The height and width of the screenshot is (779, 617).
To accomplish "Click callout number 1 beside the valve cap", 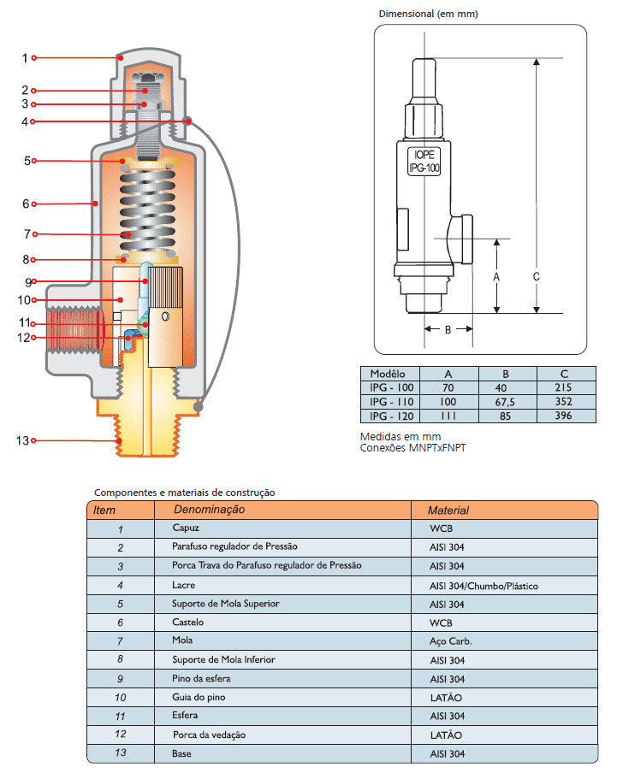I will (x=25, y=58).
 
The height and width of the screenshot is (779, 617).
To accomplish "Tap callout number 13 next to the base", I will (x=22, y=440).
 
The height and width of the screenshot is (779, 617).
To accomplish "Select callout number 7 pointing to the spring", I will (x=27, y=233).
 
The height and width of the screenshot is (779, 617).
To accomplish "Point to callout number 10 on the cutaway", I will (x=23, y=300).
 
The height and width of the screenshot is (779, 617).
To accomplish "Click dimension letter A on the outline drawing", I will (x=497, y=277).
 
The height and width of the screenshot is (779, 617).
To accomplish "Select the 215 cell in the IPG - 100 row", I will (x=564, y=387).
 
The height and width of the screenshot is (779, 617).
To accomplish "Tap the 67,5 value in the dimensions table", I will (x=506, y=402).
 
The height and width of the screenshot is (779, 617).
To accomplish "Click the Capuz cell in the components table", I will (x=186, y=528).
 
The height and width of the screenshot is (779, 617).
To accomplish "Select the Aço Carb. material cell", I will (x=450, y=640).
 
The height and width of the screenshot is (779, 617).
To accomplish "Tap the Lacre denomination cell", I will (x=183, y=585).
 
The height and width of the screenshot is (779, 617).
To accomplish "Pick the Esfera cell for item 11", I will (x=186, y=716).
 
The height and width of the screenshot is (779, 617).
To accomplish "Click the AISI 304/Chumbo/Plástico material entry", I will (x=484, y=586).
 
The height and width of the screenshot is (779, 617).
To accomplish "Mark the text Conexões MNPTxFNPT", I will (x=414, y=447).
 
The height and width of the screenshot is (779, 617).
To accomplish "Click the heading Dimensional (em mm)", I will (x=428, y=14).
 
